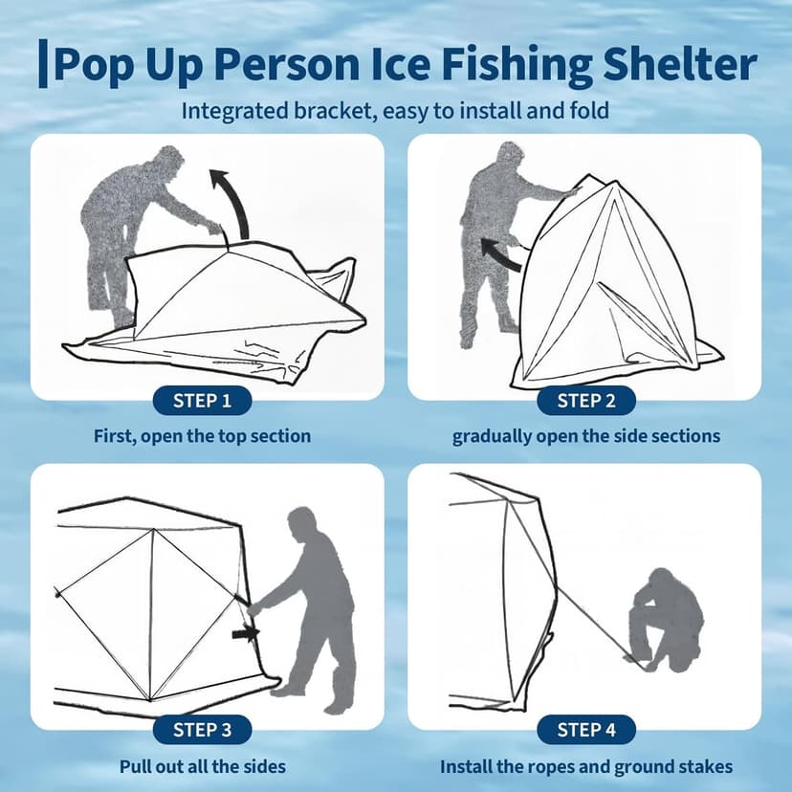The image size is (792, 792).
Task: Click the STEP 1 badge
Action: coord(202,401)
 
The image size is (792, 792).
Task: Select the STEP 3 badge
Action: coord(202,731)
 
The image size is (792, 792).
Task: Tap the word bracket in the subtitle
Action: coord(328,110)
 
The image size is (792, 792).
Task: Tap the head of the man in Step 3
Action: coord(302,523)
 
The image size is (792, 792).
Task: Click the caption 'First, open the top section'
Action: coord(202,436)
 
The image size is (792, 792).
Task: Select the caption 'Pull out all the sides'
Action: coord(202,766)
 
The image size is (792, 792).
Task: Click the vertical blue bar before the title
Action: coord(42,64)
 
